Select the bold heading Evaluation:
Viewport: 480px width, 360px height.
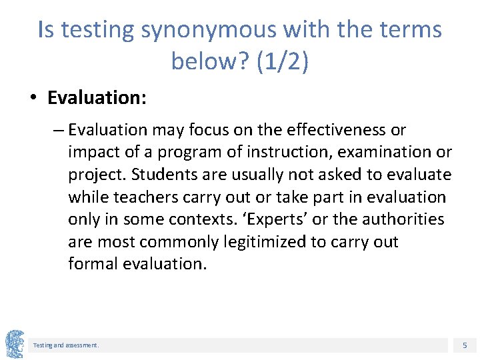(97, 98)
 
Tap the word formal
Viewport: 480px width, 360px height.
(93, 264)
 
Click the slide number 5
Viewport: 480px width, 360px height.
(465, 345)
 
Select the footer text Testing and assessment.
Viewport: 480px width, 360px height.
(66, 345)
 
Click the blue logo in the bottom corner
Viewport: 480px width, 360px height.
(14, 344)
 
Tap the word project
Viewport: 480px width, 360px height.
(95, 175)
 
